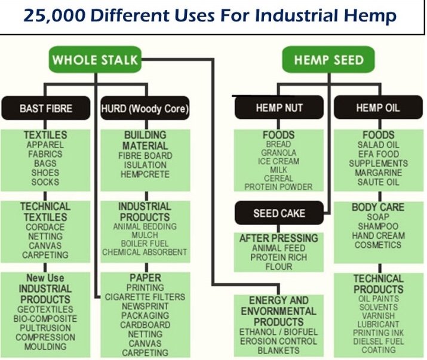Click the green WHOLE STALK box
tap(95, 59)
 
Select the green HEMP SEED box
tap(328, 59)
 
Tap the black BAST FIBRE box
tap(46, 108)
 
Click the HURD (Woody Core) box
tap(145, 108)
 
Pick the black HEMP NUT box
tap(279, 107)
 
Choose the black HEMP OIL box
tap(378, 107)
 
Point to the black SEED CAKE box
tap(279, 213)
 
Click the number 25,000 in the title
tap(54, 16)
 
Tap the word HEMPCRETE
tap(145, 174)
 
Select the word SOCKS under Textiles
tap(45, 182)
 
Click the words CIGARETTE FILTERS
tap(145, 297)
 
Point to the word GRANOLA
tap(278, 152)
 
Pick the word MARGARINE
tap(378, 173)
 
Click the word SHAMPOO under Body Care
tap(378, 226)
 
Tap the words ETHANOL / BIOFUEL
tap(278, 332)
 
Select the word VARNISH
tap(378, 316)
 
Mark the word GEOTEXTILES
tap(45, 309)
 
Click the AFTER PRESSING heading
tap(279, 238)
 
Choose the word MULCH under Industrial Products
tap(145, 235)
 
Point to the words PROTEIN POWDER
tap(278, 187)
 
